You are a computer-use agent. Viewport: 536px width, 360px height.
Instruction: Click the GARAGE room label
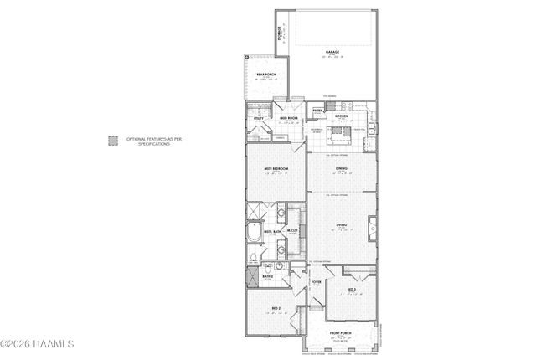(x=331, y=53)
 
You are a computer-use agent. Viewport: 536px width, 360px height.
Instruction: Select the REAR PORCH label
(x=265, y=76)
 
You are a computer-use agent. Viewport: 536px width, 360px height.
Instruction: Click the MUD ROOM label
(x=288, y=119)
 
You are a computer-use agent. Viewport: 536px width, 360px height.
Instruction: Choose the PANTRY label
(x=318, y=111)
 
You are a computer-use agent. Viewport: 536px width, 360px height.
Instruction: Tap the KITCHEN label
(x=341, y=116)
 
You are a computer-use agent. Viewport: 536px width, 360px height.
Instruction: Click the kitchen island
(x=340, y=132)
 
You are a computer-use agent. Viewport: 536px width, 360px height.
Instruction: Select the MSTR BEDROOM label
(x=276, y=168)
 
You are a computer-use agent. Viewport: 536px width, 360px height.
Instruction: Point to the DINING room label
(x=341, y=168)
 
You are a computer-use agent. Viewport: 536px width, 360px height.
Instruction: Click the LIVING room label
(x=341, y=224)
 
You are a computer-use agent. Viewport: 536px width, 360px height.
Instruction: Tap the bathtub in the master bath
(x=254, y=232)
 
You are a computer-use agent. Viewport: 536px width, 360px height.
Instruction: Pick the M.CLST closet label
(x=292, y=231)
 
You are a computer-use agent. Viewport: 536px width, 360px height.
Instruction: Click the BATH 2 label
(x=268, y=275)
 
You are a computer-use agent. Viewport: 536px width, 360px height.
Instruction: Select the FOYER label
(x=316, y=283)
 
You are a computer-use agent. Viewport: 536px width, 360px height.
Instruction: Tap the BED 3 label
(x=352, y=290)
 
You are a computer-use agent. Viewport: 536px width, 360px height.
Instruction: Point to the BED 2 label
(x=276, y=309)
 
